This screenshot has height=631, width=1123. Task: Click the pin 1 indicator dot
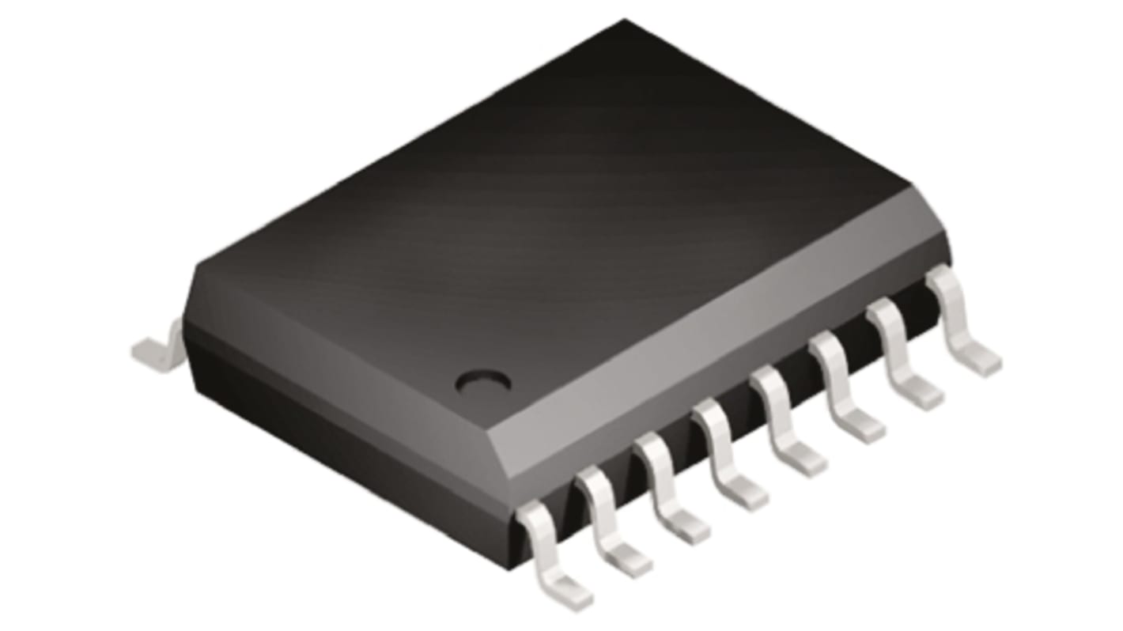point(483,382)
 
